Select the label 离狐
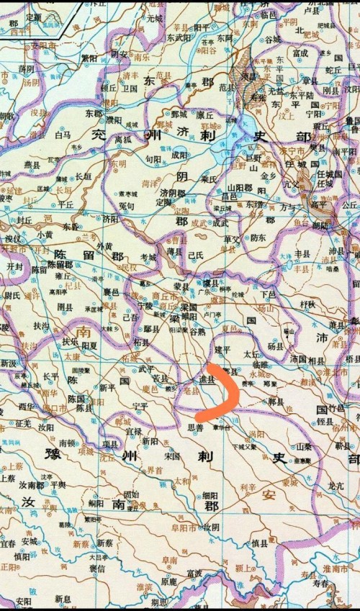[x=122, y=140]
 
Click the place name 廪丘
[x=205, y=114]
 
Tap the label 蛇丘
[x=333, y=70]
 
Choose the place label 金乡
[x=268, y=176]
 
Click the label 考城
[x=148, y=257]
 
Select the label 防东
[x=257, y=238]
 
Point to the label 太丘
[x=251, y=354]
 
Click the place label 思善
[x=194, y=427]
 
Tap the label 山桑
[x=304, y=446]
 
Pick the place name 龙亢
[x=336, y=486]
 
